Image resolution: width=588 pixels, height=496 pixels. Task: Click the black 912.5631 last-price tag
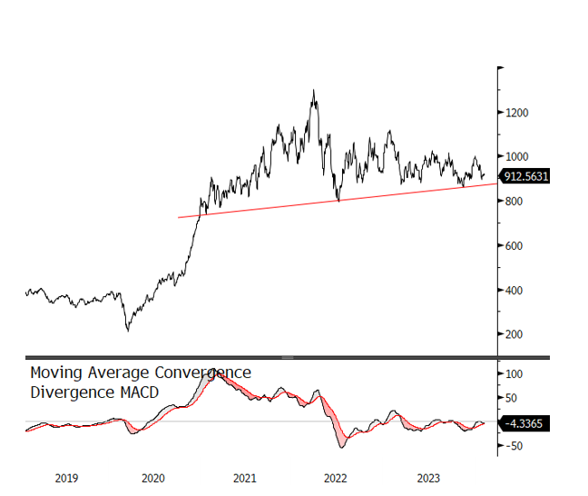tap(529, 178)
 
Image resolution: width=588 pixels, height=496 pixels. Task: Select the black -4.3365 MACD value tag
tap(526, 423)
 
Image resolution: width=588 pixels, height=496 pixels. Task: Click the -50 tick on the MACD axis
tap(515, 446)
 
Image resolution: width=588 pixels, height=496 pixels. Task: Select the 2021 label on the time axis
tap(244, 478)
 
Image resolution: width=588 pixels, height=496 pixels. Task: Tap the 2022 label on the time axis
tap(335, 478)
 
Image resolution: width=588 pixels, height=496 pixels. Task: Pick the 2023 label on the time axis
tap(426, 478)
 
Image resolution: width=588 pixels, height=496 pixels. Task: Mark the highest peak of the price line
tap(314, 90)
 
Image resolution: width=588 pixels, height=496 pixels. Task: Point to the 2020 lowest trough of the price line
tap(127, 330)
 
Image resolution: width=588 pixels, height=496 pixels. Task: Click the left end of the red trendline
tap(179, 217)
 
